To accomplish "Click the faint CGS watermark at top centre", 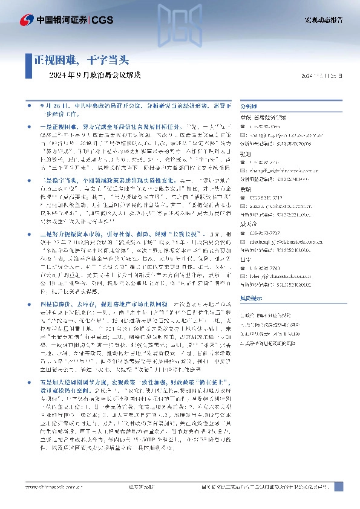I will (180, 24).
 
